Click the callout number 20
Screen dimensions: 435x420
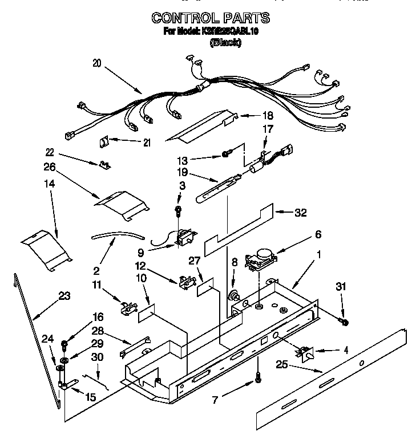coord(96,64)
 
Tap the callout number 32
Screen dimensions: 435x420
coord(300,213)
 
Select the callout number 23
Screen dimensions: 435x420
coord(64,295)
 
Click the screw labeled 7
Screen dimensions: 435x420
coord(258,377)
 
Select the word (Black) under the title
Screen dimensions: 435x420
coord(225,42)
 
